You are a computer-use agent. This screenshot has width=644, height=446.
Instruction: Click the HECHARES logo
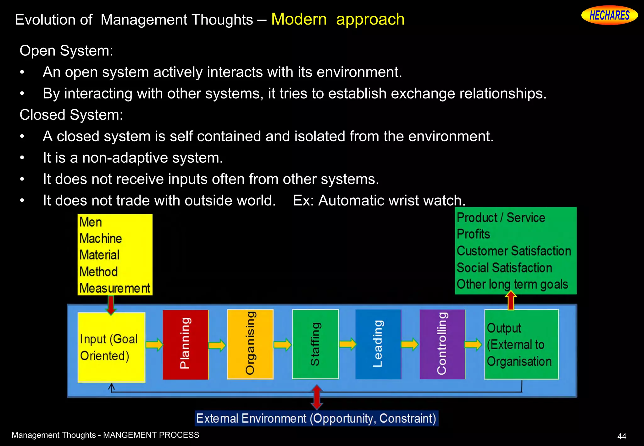[x=609, y=15]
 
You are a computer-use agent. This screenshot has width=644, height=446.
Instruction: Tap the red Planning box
[x=186, y=344]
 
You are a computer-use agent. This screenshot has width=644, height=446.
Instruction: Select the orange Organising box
[x=250, y=344]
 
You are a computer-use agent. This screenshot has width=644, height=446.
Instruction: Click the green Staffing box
[x=315, y=344]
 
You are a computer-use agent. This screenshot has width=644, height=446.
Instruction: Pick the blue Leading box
[x=378, y=344]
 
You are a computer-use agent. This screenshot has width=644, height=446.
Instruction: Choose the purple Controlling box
[x=442, y=344]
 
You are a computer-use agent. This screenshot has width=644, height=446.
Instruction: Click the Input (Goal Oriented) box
[x=111, y=347]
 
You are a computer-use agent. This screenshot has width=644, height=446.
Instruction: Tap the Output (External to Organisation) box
[x=521, y=344]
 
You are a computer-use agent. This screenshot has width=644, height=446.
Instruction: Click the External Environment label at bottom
[x=316, y=419]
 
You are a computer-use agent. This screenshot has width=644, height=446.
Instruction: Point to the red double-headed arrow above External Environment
[x=317, y=397]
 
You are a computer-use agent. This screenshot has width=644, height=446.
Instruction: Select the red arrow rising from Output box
[x=511, y=301]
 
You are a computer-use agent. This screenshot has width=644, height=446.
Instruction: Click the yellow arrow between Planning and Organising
[x=217, y=345]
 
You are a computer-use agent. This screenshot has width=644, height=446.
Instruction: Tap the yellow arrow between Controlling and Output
[x=473, y=344]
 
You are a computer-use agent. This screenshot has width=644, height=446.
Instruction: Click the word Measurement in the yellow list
[x=115, y=288]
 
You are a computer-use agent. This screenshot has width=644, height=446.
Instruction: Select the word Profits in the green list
[x=474, y=234]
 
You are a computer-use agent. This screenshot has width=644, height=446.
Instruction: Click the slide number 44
[x=622, y=436]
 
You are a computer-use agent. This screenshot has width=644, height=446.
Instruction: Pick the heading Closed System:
[x=71, y=115]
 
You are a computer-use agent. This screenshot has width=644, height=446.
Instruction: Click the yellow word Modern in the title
[x=299, y=19]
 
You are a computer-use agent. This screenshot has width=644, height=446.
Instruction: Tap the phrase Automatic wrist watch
[x=392, y=200]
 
